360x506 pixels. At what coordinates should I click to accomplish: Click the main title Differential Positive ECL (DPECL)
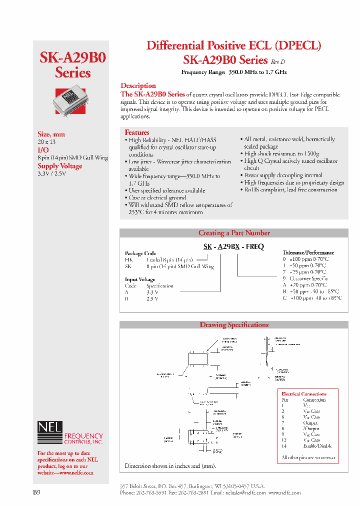[x=233, y=45]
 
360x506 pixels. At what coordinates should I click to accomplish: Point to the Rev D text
[x=278, y=62]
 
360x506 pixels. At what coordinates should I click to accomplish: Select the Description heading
[x=138, y=86]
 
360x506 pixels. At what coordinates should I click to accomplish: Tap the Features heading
[x=137, y=132]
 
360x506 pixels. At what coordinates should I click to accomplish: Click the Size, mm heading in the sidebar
[x=51, y=134]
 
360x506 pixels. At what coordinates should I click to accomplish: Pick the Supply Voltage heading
[x=59, y=166]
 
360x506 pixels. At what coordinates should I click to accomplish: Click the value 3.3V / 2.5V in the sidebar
[x=52, y=173]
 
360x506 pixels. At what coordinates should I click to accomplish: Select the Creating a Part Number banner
[x=234, y=233]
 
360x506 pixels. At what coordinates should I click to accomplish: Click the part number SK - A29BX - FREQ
[x=233, y=247]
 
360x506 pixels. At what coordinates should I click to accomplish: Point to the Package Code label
[x=140, y=253]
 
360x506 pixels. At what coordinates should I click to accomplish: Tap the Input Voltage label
[x=140, y=279]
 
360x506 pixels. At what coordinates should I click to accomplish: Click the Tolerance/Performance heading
[x=308, y=253]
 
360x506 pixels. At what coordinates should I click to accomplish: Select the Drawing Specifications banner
[x=234, y=325]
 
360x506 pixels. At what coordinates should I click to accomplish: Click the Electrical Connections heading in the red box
[x=304, y=394]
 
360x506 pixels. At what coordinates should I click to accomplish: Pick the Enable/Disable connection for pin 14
[x=317, y=446]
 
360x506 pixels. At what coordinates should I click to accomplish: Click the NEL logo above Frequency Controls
[x=49, y=427]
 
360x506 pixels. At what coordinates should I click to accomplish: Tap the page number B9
[x=36, y=492]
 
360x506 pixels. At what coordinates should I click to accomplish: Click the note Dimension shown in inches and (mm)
[x=166, y=466]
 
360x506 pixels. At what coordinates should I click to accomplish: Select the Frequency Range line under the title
[x=233, y=72]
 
